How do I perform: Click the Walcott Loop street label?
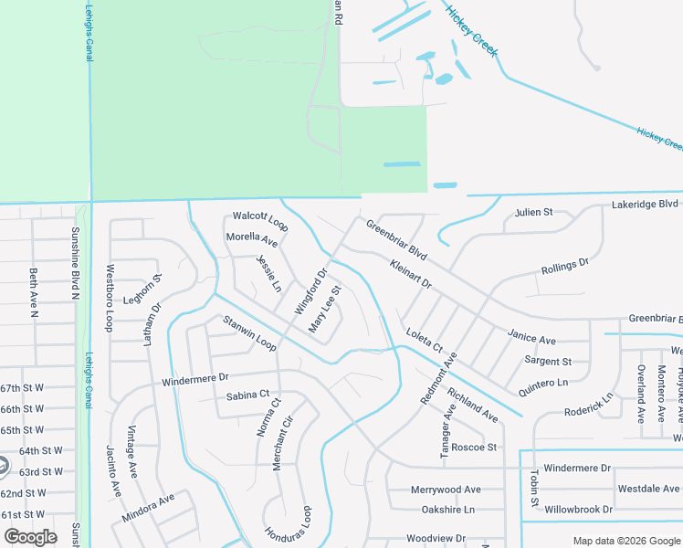pyautogui.click(x=260, y=220)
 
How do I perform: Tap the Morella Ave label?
pyautogui.click(x=252, y=241)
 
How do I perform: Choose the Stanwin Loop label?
pyautogui.click(x=249, y=332)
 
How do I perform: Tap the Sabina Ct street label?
pyautogui.click(x=248, y=395)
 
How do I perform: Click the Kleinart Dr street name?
pyautogui.click(x=410, y=275)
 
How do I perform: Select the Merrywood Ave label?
pyautogui.click(x=446, y=490)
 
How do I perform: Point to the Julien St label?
pyautogui.click(x=534, y=212)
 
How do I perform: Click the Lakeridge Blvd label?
pyautogui.click(x=645, y=204)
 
